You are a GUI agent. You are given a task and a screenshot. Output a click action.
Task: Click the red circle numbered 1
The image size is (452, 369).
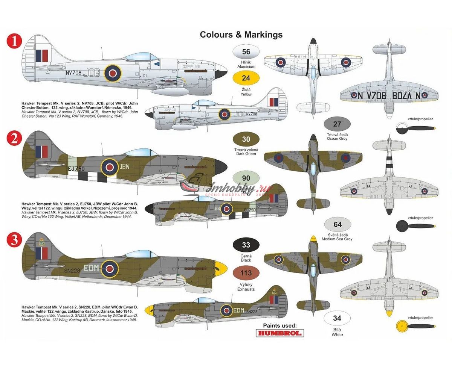(x=15, y=42)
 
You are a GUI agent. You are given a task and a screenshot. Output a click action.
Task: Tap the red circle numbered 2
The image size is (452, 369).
(x=15, y=139)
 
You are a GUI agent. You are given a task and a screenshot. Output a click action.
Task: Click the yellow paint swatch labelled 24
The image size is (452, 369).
(x=246, y=78)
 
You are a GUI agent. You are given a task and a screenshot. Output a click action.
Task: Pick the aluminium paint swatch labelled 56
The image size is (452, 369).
(x=246, y=52)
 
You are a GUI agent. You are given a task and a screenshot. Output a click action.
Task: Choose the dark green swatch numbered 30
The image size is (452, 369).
(x=246, y=139)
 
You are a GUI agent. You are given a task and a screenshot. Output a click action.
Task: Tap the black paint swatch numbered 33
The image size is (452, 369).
(x=246, y=245)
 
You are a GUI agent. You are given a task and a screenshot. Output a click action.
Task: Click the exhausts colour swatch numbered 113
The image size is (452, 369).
(x=246, y=273)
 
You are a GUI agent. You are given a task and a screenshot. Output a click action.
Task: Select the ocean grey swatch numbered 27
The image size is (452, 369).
(x=337, y=124)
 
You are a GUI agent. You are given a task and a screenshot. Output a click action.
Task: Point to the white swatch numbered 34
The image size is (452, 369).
(x=337, y=319)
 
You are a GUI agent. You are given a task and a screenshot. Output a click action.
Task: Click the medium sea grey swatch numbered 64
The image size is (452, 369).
(x=337, y=225)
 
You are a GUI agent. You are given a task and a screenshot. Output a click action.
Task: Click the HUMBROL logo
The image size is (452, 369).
(x=279, y=333)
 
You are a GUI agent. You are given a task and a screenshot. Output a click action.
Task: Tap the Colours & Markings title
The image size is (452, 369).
(x=241, y=35)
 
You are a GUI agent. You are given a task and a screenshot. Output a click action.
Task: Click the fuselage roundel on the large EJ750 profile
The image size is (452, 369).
(x=110, y=167)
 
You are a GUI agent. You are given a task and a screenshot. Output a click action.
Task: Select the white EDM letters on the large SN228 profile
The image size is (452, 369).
(x=91, y=268)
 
